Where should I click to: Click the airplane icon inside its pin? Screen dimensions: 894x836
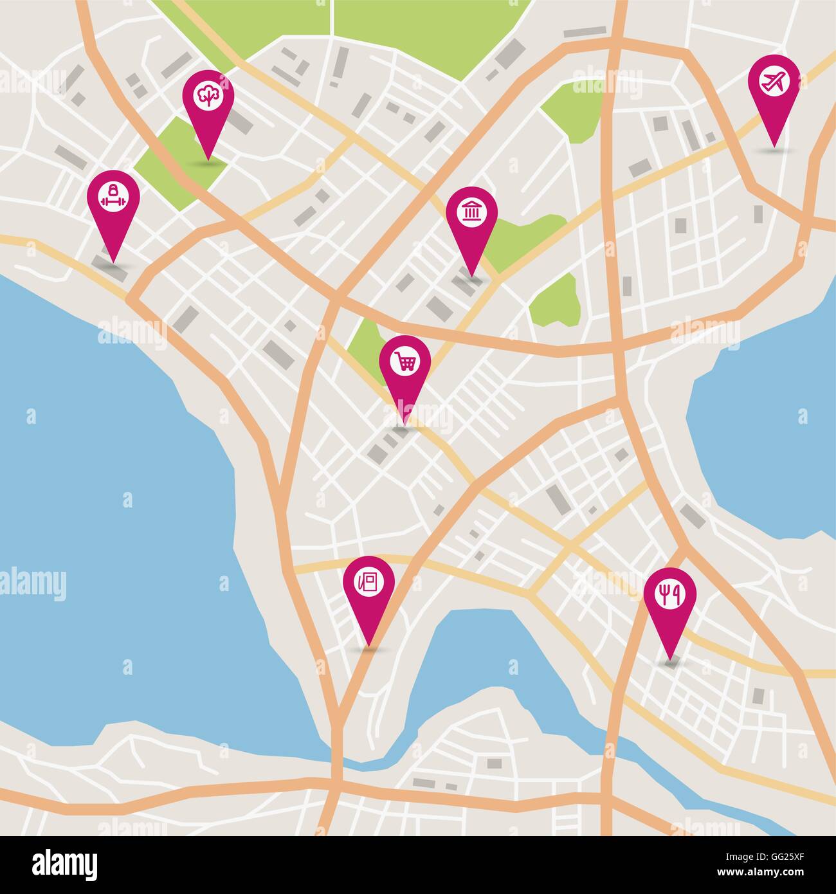pyautogui.click(x=774, y=81)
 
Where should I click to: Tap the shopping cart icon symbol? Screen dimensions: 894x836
pyautogui.click(x=405, y=361)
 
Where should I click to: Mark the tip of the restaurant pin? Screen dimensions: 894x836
pyautogui.click(x=671, y=661)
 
